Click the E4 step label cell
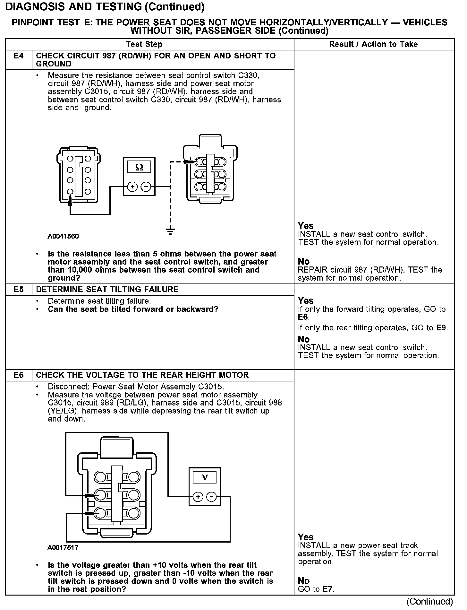[19, 56]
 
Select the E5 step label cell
[19, 290]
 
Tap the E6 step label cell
[19, 375]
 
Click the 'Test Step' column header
[144, 44]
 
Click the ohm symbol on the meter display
[139, 167]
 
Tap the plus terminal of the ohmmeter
[132, 187]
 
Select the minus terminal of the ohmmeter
[146, 187]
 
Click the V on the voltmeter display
[205, 477]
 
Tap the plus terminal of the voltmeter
[198, 497]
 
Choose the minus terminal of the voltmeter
[211, 497]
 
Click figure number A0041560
[63, 236]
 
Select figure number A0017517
[63, 548]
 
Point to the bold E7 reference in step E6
[328, 589]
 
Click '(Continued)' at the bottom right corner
[429, 602]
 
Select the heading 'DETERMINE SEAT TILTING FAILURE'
[107, 290]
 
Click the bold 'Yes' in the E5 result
[306, 301]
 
